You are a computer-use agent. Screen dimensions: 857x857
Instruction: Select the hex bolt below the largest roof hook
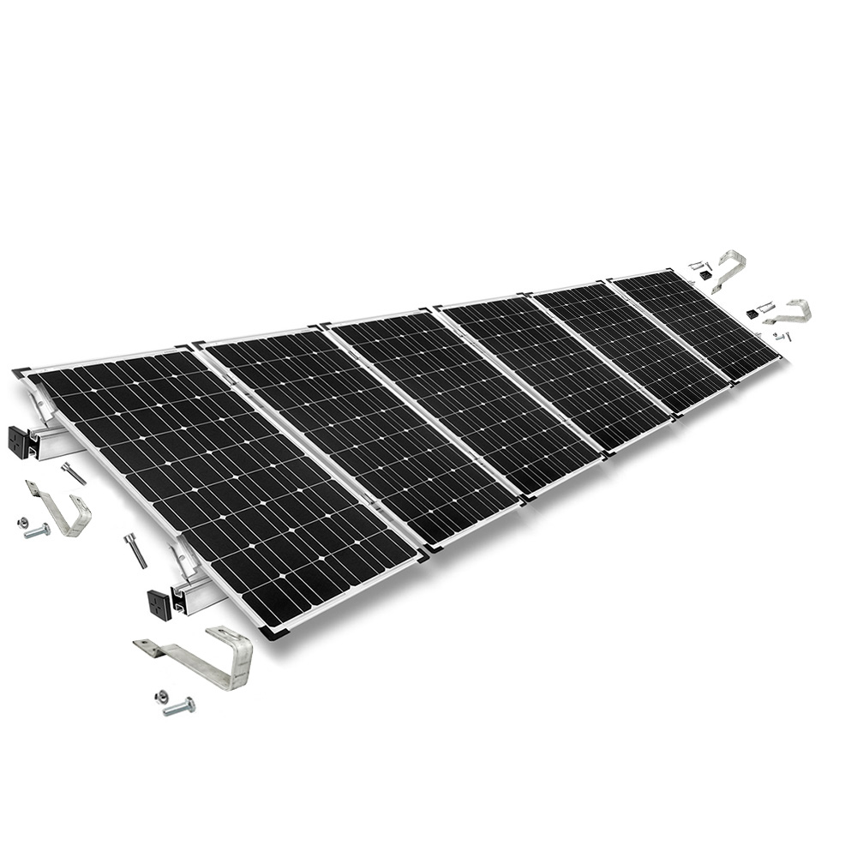point(178,706)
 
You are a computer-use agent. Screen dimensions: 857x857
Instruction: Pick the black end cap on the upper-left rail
point(20,441)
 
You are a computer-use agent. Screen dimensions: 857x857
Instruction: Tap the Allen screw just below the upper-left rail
point(73,473)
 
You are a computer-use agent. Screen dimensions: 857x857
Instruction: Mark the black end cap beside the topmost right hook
point(704,276)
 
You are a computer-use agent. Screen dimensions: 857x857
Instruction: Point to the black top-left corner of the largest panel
point(21,374)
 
